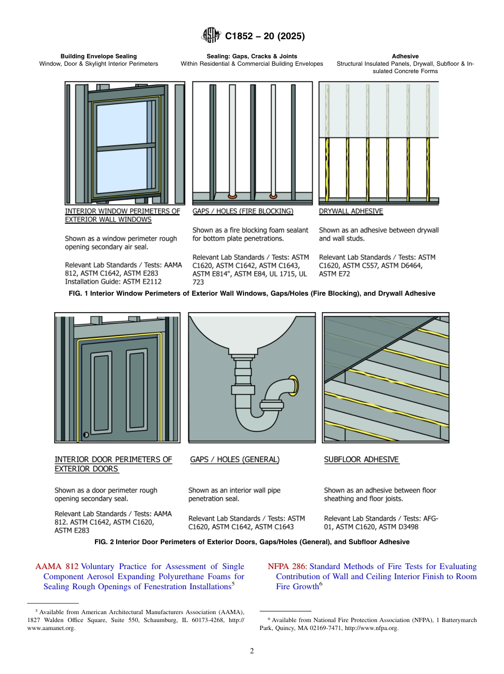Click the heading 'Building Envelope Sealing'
[x=98, y=56]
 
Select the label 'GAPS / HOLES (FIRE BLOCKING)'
[x=242, y=211]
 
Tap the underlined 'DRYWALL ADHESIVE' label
[x=351, y=211]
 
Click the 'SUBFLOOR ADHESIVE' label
[x=361, y=460]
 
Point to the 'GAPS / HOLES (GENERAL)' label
[x=234, y=460]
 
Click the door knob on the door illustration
[x=85, y=435]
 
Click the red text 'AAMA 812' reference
[x=57, y=566]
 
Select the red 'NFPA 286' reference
[x=287, y=566]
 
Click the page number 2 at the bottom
[x=252, y=651]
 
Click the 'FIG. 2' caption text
[x=252, y=542]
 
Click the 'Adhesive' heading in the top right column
[x=405, y=56]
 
